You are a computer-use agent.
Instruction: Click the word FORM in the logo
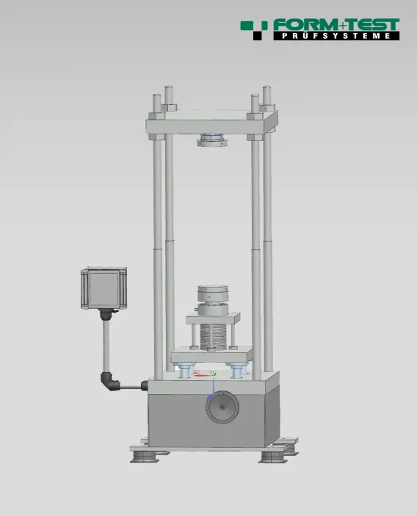coord(303,26)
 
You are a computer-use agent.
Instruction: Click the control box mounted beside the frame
coord(104,288)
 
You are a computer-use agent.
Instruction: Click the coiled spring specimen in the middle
coord(214,337)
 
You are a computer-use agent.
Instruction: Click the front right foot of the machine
coord(272,456)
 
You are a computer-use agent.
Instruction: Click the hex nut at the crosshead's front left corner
coord(159,115)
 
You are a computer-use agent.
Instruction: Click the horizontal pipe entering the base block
coord(134,385)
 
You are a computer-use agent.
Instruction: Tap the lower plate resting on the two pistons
coord(214,357)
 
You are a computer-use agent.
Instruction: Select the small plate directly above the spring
coord(214,319)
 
